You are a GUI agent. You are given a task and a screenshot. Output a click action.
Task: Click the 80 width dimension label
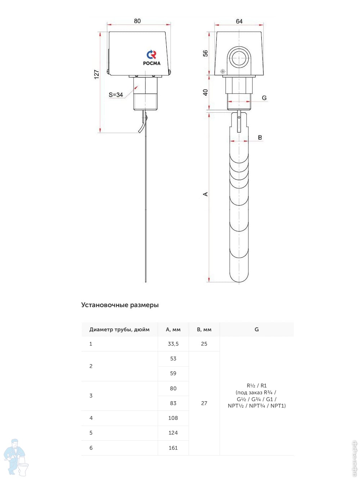point(137,21)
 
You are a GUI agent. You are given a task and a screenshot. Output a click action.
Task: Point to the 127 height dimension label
point(96,74)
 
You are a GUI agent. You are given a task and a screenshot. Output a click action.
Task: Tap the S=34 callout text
point(116,95)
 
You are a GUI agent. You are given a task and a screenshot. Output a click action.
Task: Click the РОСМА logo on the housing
point(152,58)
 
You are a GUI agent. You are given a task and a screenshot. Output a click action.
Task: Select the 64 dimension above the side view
point(239,21)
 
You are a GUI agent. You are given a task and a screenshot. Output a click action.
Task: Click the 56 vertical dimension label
point(205,53)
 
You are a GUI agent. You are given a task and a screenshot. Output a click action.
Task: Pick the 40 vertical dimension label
point(205,93)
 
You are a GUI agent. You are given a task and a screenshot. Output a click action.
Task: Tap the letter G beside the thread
point(264,98)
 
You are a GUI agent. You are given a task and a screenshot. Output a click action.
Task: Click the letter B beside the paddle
point(260,138)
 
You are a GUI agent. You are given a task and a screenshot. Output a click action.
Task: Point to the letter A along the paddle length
point(206,194)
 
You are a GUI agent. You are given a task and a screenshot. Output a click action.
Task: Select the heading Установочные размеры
point(120,305)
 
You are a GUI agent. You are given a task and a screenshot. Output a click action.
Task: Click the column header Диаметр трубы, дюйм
point(120,329)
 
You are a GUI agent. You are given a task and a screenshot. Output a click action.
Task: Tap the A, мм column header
point(173,329)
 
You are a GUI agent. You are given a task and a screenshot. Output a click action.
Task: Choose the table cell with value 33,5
point(173,344)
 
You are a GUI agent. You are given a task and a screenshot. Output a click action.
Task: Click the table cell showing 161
point(173,448)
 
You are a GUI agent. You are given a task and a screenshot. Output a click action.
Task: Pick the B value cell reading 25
point(204,344)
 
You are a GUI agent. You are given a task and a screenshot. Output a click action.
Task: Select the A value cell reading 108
point(173,418)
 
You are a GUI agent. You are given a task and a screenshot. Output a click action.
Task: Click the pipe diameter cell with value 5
point(91,433)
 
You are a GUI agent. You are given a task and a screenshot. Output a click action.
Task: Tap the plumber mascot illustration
point(16,457)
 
